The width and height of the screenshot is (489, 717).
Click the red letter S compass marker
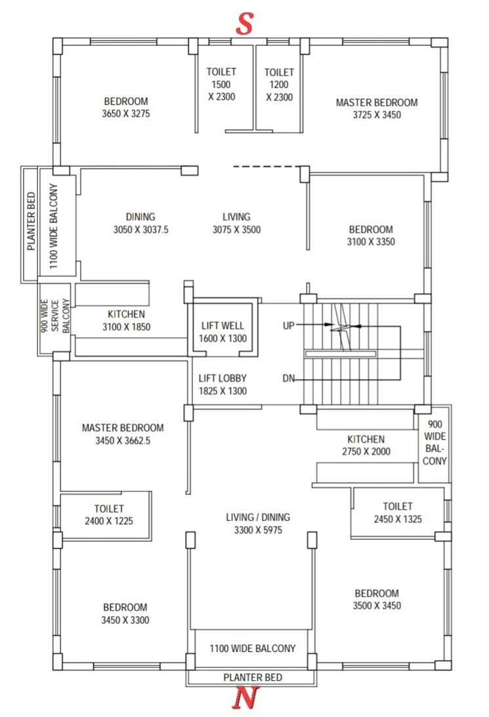point(245,24)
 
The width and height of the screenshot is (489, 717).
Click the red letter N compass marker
point(244,700)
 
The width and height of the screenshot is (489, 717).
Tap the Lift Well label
point(221,332)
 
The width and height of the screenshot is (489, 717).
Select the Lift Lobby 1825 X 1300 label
point(223,384)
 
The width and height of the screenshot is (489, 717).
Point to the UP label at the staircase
point(289,325)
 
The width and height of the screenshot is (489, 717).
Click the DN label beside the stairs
point(288,379)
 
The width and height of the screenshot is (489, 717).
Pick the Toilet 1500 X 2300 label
point(221,84)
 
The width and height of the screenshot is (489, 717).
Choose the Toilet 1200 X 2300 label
point(279,84)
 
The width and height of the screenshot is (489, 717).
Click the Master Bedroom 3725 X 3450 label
point(376,108)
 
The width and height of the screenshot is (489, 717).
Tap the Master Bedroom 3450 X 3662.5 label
point(123,434)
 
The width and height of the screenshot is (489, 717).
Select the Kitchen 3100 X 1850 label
point(127,320)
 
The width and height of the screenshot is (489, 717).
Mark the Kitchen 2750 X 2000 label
point(366,445)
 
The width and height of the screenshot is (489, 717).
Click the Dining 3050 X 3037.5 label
point(140,223)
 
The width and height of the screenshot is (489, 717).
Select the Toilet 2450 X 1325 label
point(398,512)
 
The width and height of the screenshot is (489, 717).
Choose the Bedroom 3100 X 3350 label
point(371,236)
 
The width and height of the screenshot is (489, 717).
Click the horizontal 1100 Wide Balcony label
point(253,648)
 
